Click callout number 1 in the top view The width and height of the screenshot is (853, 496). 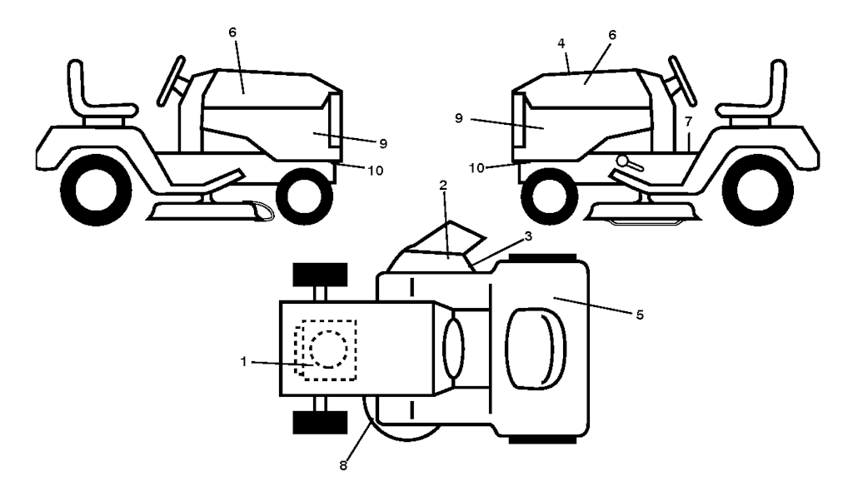[244, 361]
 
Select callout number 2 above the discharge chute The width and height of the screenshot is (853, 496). [443, 186]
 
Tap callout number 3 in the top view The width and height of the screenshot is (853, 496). [527, 236]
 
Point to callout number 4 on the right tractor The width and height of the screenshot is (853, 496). [562, 43]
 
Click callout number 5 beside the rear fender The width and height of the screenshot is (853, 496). [640, 315]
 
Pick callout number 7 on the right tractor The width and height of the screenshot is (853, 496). [689, 122]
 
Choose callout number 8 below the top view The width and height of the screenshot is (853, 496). [343, 465]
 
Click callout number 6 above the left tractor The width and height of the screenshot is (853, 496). [232, 32]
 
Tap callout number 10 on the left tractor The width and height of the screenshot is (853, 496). [376, 171]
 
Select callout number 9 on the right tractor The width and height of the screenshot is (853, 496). [459, 118]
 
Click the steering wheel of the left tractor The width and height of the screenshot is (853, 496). [172, 81]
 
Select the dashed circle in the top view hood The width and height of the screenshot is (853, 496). [328, 348]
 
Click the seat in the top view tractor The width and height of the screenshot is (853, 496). [536, 348]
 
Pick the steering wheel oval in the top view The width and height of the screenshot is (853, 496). [454, 348]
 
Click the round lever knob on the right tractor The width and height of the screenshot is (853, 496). [623, 161]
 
